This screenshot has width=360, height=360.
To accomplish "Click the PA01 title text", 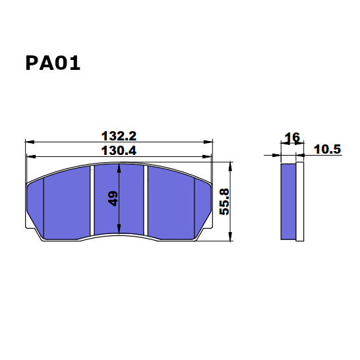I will point(53,63).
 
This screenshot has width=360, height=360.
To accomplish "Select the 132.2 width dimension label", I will point(119,136).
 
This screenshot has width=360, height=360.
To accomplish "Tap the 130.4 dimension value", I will point(119,150).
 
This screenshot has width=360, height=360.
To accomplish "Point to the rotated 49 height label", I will point(113,198).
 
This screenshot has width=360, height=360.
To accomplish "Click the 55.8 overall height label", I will point(224,202).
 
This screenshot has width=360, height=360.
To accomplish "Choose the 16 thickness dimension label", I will point(291,138).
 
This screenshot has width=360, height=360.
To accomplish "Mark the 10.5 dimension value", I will point(327,150).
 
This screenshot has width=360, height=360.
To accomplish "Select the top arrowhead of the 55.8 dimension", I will point(229,165).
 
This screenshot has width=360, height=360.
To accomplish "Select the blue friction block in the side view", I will point(288,201).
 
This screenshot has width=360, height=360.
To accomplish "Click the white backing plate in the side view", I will point(299,201).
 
